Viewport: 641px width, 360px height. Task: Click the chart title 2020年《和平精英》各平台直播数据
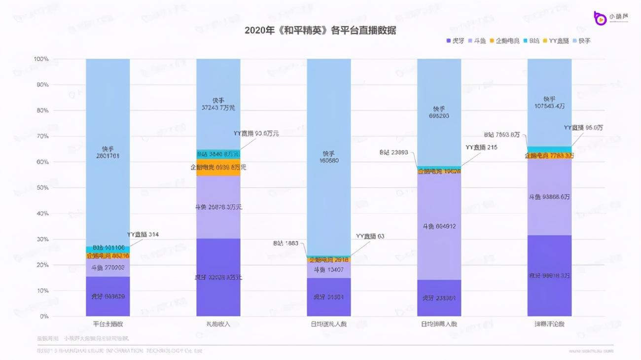320,31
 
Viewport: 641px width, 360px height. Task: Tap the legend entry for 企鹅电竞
504,40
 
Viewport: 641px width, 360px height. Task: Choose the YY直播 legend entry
556,40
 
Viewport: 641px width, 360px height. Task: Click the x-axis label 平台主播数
107,324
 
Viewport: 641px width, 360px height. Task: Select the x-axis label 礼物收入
218,324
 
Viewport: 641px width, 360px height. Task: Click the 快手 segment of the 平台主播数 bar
107,152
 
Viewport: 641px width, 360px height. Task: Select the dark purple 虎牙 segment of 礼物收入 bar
218,277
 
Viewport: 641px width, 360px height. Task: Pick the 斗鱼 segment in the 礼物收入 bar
218,207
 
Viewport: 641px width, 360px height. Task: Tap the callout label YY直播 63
370,237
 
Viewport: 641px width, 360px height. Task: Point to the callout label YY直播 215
481,147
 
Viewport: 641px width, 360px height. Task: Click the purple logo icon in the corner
600,17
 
